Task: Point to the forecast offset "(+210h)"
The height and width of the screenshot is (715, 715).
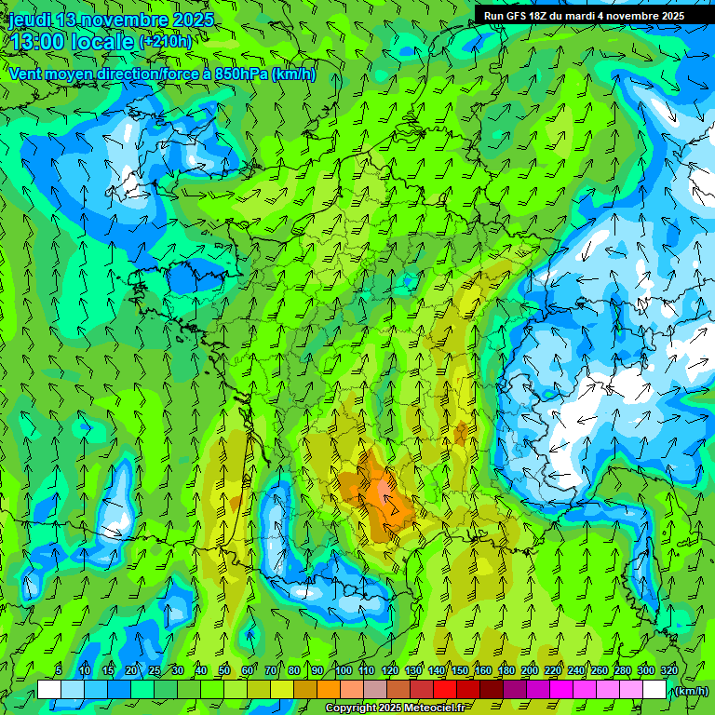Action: click(166, 42)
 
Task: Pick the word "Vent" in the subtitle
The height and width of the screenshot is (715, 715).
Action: click(25, 74)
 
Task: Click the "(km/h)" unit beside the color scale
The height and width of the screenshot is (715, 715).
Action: click(689, 691)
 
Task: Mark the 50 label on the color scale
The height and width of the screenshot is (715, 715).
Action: click(223, 671)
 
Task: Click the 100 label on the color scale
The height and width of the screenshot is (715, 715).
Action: click(343, 671)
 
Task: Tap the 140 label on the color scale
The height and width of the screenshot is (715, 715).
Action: click(436, 671)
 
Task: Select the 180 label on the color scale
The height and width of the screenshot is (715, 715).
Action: click(506, 671)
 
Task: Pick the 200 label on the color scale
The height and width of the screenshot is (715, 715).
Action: click(529, 671)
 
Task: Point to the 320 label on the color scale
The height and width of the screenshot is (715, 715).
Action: click(668, 671)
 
